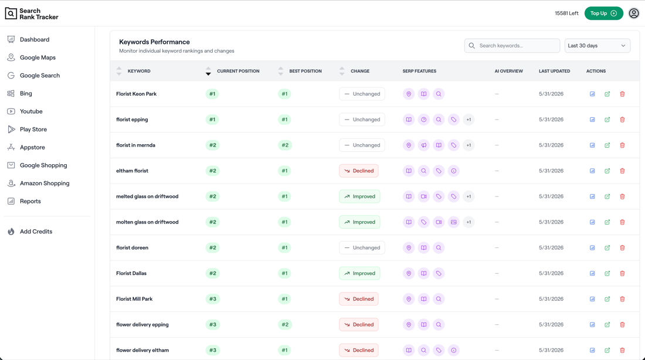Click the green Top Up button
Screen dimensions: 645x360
click(603, 13)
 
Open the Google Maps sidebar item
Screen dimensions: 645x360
click(38, 57)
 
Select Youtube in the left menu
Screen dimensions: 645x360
click(31, 111)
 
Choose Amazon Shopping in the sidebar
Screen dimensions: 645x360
click(45, 184)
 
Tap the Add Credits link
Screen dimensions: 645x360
click(36, 232)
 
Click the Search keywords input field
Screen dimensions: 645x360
click(512, 46)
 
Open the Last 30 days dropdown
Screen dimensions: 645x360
click(598, 46)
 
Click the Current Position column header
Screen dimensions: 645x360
click(237, 71)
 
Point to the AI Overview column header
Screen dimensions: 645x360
click(508, 71)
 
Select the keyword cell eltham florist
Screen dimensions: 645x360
click(132, 171)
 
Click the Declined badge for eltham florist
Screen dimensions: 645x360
click(359, 171)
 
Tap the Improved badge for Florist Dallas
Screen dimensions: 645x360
click(359, 273)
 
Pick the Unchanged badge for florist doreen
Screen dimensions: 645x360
click(362, 247)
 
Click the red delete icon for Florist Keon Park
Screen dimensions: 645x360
click(622, 94)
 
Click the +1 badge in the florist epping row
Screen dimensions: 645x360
click(469, 120)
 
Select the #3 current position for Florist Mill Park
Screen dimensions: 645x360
click(213, 299)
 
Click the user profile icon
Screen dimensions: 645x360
click(634, 13)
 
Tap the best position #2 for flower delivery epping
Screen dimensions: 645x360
click(285, 325)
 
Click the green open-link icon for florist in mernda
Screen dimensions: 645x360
click(607, 145)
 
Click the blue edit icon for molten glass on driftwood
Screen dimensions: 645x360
click(592, 222)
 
